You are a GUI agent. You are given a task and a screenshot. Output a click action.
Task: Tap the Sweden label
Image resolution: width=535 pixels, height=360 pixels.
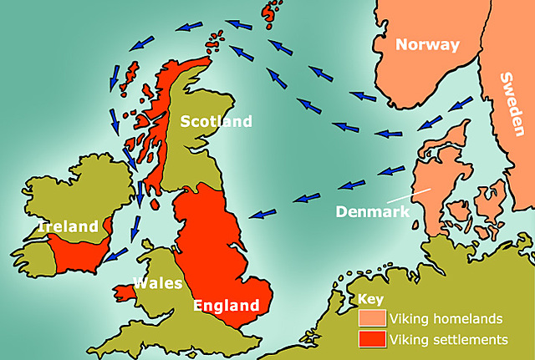[x=512, y=104]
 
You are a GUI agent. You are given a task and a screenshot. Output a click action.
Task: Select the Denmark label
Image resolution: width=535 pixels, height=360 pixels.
[x=373, y=211]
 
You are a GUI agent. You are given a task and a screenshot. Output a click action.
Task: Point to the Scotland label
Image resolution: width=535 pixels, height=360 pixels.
[x=216, y=122]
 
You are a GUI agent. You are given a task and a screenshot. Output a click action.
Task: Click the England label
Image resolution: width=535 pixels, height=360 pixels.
[x=223, y=305]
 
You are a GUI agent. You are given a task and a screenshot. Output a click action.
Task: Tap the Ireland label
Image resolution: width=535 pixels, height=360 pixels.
[x=69, y=226]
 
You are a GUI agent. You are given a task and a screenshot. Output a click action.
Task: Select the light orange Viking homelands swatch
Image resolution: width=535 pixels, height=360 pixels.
[x=372, y=318]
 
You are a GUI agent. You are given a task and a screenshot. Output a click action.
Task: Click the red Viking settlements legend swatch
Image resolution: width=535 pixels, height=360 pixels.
[x=372, y=340]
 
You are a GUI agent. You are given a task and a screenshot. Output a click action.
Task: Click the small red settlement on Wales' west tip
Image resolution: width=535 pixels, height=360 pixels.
[x=123, y=292]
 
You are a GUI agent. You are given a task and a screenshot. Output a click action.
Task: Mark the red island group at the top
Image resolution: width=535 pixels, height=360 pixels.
[x=272, y=13]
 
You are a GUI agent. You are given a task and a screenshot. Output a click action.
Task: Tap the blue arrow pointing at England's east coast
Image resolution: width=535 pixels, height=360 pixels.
[x=266, y=212]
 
